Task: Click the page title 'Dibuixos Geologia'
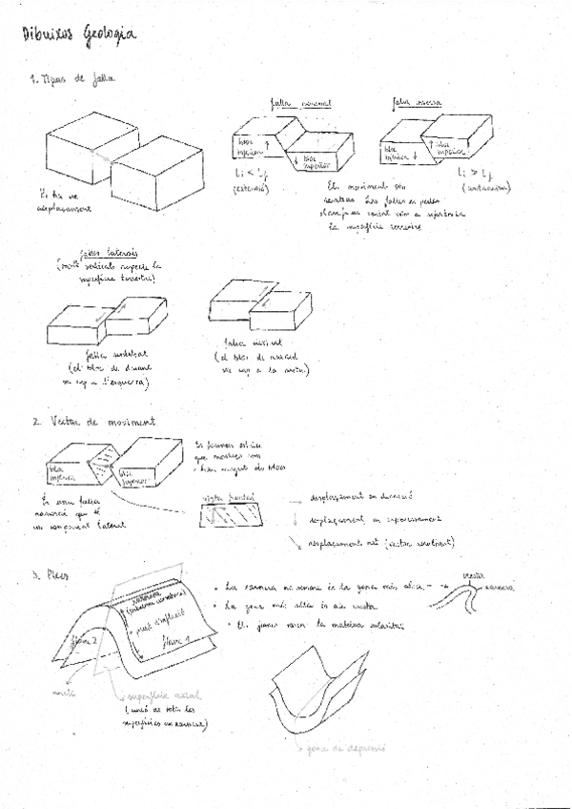[78, 34]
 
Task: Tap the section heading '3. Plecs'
[48, 574]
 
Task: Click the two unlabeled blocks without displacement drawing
[123, 163]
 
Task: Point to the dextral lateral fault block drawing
[258, 315]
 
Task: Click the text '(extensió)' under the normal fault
[251, 190]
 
